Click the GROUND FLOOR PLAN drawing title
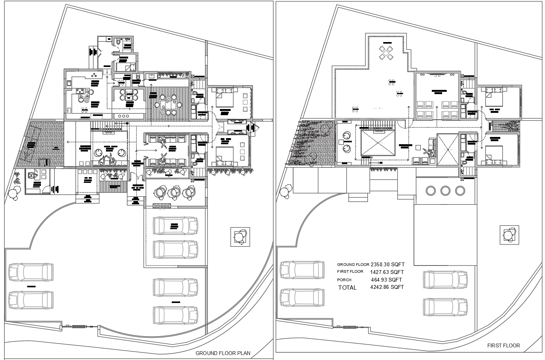(223, 353)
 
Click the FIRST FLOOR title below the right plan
(503, 345)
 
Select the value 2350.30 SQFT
(387, 264)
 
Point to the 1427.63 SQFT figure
(387, 272)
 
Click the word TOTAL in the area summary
(347, 288)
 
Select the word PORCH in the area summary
(344, 280)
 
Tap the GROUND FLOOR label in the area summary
(353, 264)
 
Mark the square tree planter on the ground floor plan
(240, 237)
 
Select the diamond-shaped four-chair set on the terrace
(386, 52)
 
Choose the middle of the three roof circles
(445, 191)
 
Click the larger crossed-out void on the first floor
(378, 142)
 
